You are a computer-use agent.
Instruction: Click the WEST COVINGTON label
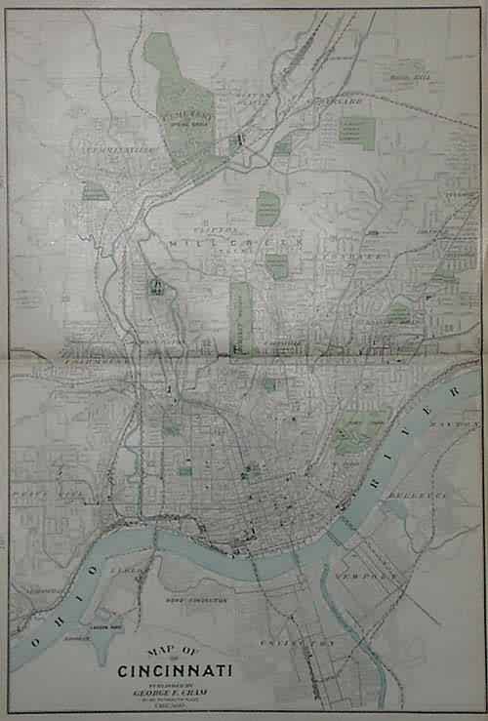coord(196,599)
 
